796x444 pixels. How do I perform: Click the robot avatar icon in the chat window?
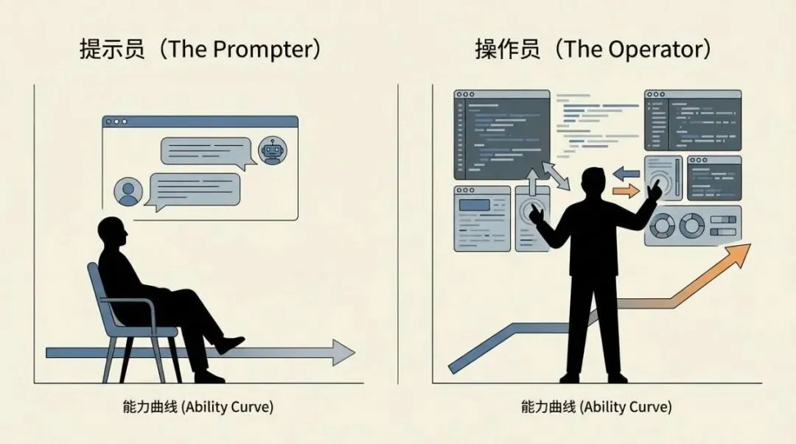pos(273,151)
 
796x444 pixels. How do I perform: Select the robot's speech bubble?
pos(207,151)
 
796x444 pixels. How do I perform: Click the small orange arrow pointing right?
pos(626,191)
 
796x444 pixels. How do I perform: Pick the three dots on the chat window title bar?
pos(116,121)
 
